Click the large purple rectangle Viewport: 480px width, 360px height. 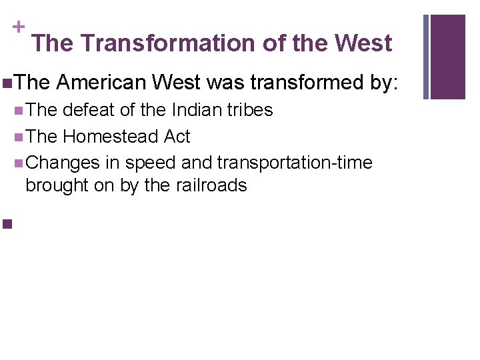[448, 57]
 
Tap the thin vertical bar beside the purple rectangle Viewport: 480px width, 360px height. [427, 57]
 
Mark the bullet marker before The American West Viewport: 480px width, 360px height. [7, 83]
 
